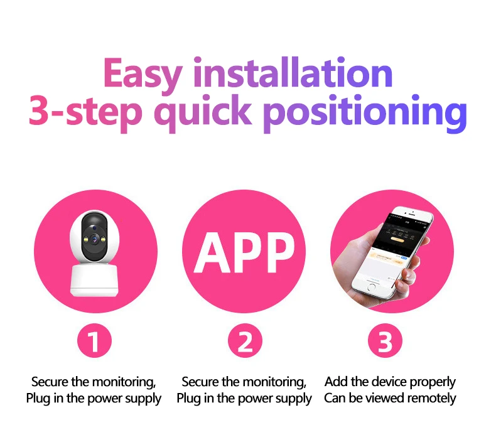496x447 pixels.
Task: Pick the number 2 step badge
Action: tap(244, 343)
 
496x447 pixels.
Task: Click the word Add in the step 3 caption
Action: tap(336, 382)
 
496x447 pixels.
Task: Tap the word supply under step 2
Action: tap(294, 399)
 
